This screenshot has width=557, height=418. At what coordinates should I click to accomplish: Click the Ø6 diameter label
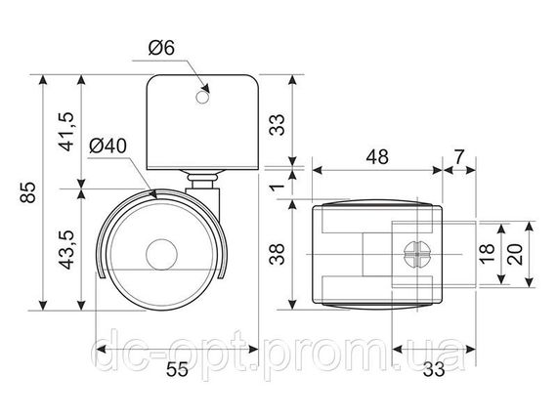[161, 48]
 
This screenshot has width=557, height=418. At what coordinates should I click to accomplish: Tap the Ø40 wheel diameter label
[108, 146]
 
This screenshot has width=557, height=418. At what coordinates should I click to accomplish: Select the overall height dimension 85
[27, 192]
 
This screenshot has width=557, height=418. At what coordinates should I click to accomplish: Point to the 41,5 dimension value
[65, 132]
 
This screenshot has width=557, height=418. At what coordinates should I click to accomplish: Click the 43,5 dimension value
[65, 249]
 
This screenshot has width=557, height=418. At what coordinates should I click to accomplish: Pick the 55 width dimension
[177, 369]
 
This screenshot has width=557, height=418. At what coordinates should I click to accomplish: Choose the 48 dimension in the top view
[377, 156]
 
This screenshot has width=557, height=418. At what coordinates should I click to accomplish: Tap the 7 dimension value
[459, 156]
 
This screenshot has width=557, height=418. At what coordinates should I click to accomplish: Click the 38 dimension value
[278, 254]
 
